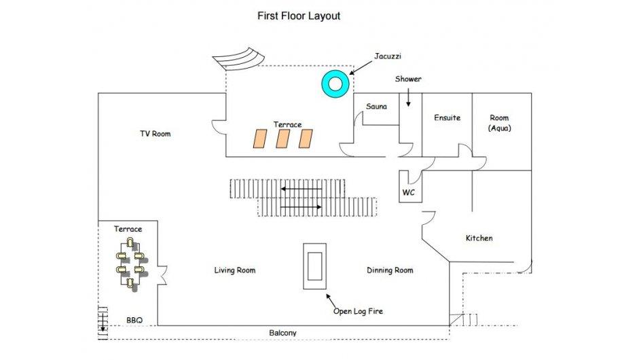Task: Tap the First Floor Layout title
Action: click(x=299, y=16)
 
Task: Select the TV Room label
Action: click(x=156, y=134)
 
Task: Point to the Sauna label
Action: click(x=376, y=107)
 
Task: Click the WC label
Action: click(x=409, y=192)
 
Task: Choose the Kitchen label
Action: click(x=479, y=238)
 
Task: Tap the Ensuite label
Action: click(x=447, y=118)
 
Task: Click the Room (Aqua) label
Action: click(x=500, y=123)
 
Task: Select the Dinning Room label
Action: click(x=390, y=270)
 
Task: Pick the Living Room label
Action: click(x=235, y=270)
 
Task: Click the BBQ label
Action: click(x=134, y=321)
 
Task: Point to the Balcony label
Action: click(x=282, y=333)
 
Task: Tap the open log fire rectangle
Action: click(x=314, y=266)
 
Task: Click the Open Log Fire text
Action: click(x=359, y=312)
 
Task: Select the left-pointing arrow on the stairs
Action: click(x=302, y=190)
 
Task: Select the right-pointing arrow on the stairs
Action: click(x=301, y=207)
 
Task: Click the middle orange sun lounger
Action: click(x=282, y=139)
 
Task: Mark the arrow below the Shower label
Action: click(x=408, y=98)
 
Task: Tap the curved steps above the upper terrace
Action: click(x=239, y=59)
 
